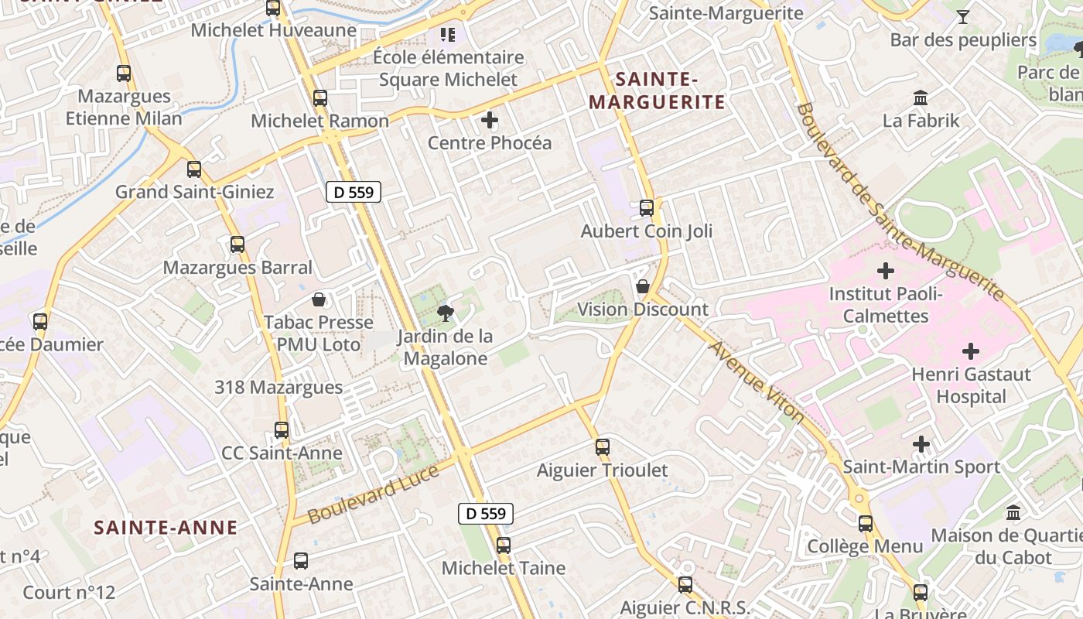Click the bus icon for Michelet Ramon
click(x=320, y=98)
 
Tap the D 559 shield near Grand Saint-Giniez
click(x=354, y=192)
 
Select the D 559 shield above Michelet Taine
click(x=486, y=513)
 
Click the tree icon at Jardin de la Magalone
click(x=445, y=313)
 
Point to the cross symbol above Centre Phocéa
click(x=490, y=120)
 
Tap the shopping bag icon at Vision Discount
click(x=642, y=286)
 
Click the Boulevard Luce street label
click(x=373, y=494)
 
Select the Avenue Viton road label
click(x=757, y=382)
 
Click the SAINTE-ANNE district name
click(x=166, y=528)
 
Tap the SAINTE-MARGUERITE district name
click(x=657, y=91)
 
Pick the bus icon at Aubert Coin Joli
click(x=647, y=207)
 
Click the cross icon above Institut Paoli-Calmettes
click(x=886, y=271)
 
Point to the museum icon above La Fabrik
click(x=921, y=98)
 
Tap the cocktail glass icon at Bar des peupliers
click(x=963, y=16)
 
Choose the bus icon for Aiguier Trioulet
click(x=603, y=446)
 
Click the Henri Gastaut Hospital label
click(x=971, y=385)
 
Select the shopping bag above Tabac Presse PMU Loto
click(x=318, y=299)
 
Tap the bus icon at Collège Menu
click(x=866, y=523)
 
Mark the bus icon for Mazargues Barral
click(x=237, y=245)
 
